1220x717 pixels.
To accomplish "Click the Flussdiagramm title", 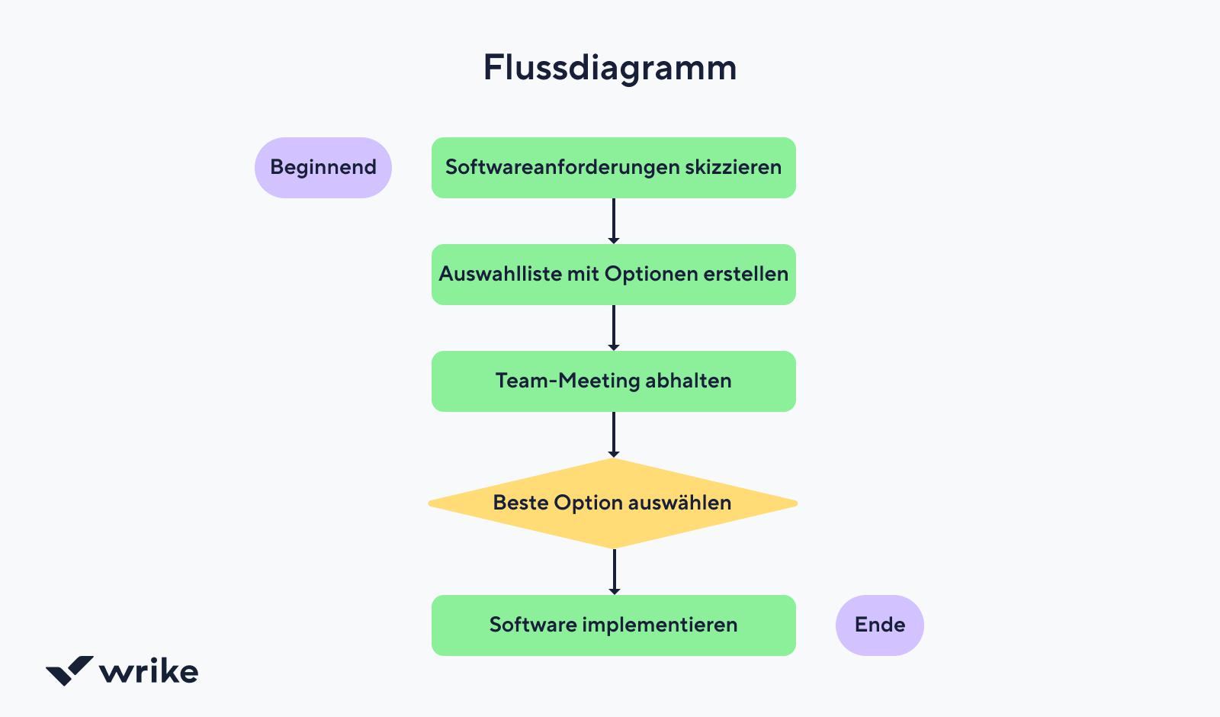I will click(x=610, y=68).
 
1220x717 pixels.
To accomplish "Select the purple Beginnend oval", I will click(x=323, y=168).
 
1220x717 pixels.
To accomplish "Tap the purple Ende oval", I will click(x=879, y=625).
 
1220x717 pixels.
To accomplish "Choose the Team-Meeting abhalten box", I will click(x=613, y=381).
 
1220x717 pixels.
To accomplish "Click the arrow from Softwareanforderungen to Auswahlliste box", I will click(x=614, y=221).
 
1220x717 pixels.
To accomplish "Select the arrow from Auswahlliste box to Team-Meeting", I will click(x=614, y=328).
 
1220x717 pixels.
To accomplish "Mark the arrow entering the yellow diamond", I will click(x=614, y=435).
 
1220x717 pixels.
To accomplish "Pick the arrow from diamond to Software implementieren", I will click(x=615, y=572).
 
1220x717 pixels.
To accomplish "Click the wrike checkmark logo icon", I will click(x=69, y=670).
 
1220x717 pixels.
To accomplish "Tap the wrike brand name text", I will click(x=149, y=671).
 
